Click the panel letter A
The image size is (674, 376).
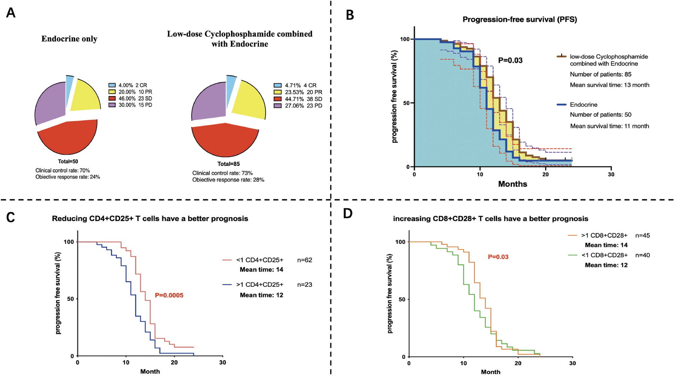[11, 13]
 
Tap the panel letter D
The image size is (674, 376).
[348, 214]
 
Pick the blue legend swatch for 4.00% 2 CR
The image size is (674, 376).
[112, 85]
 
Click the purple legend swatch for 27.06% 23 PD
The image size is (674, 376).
[277, 106]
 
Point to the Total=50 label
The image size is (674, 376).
[68, 162]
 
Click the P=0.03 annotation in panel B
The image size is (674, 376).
[510, 60]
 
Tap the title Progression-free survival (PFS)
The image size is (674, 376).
[520, 19]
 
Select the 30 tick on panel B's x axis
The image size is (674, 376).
[611, 174]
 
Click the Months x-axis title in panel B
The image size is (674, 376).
[512, 184]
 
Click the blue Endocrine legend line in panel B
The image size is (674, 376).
[561, 105]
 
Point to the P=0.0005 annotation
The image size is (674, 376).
[169, 296]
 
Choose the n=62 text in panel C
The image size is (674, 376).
[305, 260]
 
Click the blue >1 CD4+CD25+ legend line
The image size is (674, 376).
[227, 285]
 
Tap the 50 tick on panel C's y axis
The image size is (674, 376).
[71, 299]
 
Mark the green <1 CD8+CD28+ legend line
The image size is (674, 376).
[573, 255]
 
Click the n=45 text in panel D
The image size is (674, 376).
[642, 235]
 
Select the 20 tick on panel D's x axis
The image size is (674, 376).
[518, 363]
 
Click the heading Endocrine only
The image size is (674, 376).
[70, 39]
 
